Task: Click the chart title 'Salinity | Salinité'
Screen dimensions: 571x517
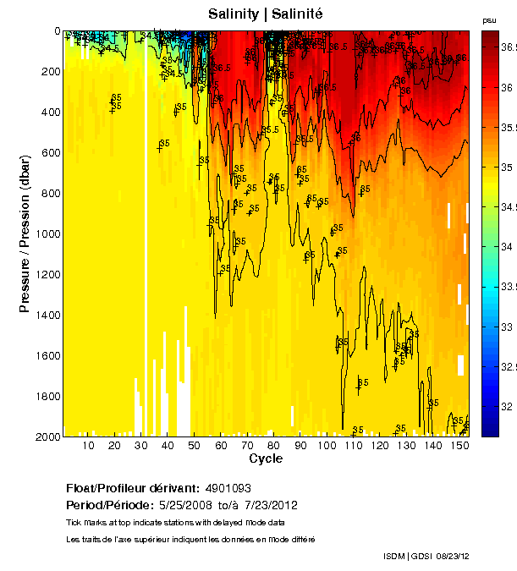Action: pyautogui.click(x=265, y=14)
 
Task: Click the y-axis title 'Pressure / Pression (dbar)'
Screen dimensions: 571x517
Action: pyautogui.click(x=25, y=233)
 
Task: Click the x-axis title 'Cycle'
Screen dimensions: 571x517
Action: pyautogui.click(x=266, y=458)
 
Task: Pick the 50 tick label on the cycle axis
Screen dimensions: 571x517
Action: pyautogui.click(x=194, y=446)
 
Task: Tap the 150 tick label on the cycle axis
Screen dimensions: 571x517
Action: pyautogui.click(x=458, y=446)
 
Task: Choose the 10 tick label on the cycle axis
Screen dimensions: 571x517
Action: pyautogui.click(x=88, y=446)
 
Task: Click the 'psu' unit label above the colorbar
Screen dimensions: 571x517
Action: pyautogui.click(x=489, y=19)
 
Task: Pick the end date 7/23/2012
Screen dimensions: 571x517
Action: pyautogui.click(x=268, y=505)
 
